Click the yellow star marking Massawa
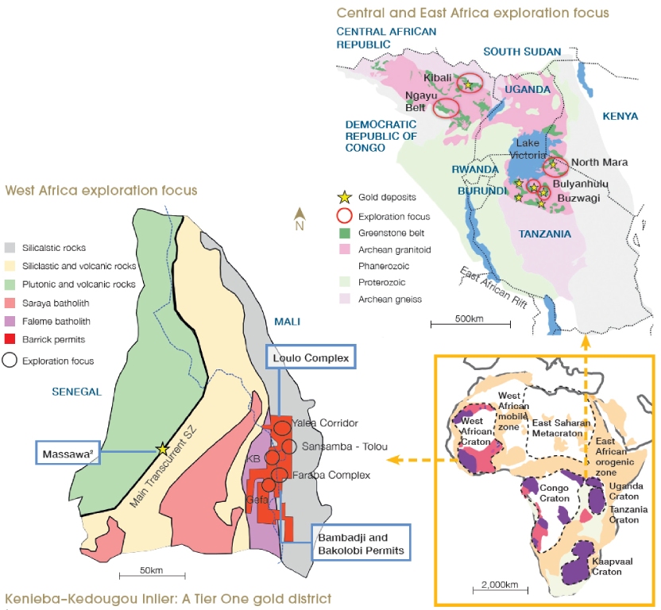(163, 448)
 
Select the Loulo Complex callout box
(311, 358)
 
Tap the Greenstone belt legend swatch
(344, 234)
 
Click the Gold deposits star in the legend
(344, 197)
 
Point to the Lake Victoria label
(528, 149)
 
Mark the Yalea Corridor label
(325, 423)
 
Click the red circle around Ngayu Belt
(446, 109)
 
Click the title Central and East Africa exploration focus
(473, 13)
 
